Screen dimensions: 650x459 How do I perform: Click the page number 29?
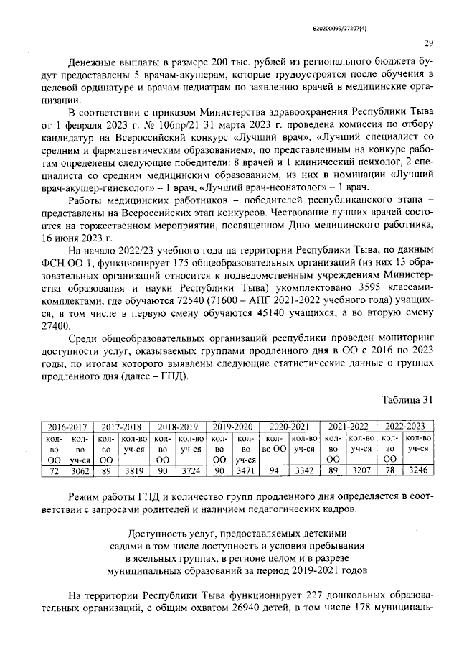click(x=428, y=42)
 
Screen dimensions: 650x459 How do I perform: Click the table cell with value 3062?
click(x=79, y=470)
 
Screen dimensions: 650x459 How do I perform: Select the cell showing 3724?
click(x=190, y=470)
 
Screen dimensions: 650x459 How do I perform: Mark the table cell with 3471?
click(x=246, y=470)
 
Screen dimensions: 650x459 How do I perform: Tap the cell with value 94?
click(x=274, y=470)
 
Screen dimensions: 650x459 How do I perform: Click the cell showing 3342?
click(x=305, y=470)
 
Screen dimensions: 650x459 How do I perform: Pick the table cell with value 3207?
click(x=362, y=470)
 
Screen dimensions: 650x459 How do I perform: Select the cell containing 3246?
click(x=418, y=470)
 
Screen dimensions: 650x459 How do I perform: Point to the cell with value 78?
click(x=389, y=470)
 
